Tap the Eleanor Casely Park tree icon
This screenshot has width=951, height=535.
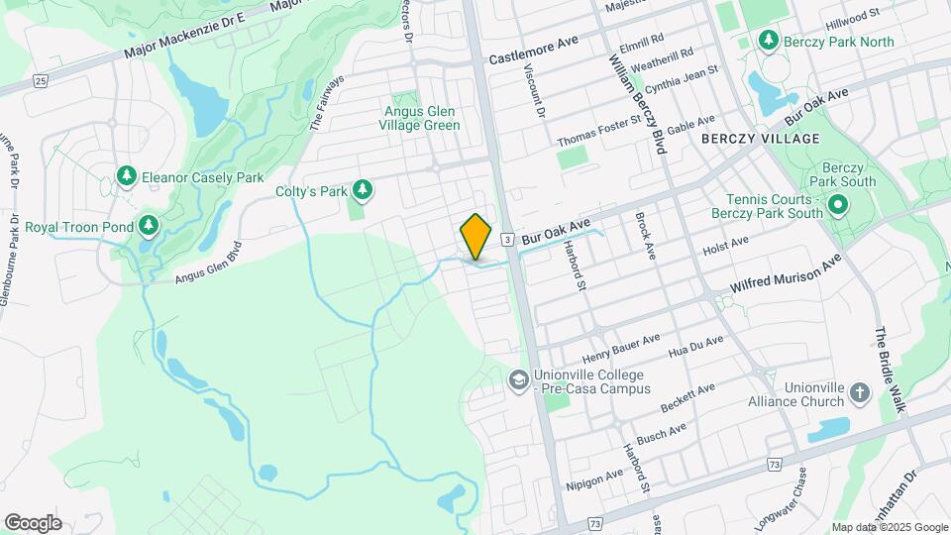pyautogui.click(x=126, y=176)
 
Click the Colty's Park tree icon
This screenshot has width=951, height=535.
pyautogui.click(x=364, y=189)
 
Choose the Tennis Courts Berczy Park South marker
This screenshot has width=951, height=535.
pyautogui.click(x=838, y=206)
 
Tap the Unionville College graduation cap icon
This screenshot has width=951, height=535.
pyautogui.click(x=518, y=380)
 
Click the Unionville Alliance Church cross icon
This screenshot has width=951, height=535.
pyautogui.click(x=859, y=393)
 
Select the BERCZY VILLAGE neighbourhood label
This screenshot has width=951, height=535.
pyautogui.click(x=760, y=139)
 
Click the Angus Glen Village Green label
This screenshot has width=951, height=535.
pyautogui.click(x=422, y=118)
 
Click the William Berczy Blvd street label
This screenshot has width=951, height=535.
pyautogui.click(x=636, y=103)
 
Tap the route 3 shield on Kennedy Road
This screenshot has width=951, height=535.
pyautogui.click(x=506, y=239)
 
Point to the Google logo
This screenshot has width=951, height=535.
pyautogui.click(x=33, y=522)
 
